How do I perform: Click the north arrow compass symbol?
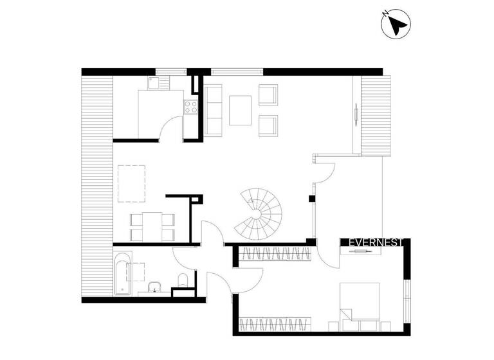[396, 25]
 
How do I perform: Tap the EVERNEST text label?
[376, 242]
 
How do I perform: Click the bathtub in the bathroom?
[123, 274]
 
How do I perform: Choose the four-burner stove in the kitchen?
[191, 107]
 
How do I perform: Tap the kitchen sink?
[154, 82]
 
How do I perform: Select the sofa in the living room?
[213, 111]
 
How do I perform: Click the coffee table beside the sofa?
[241, 110]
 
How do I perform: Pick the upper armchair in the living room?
[268, 94]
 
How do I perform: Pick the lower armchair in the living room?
[268, 125]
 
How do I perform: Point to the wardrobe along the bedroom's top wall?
[275, 253]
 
